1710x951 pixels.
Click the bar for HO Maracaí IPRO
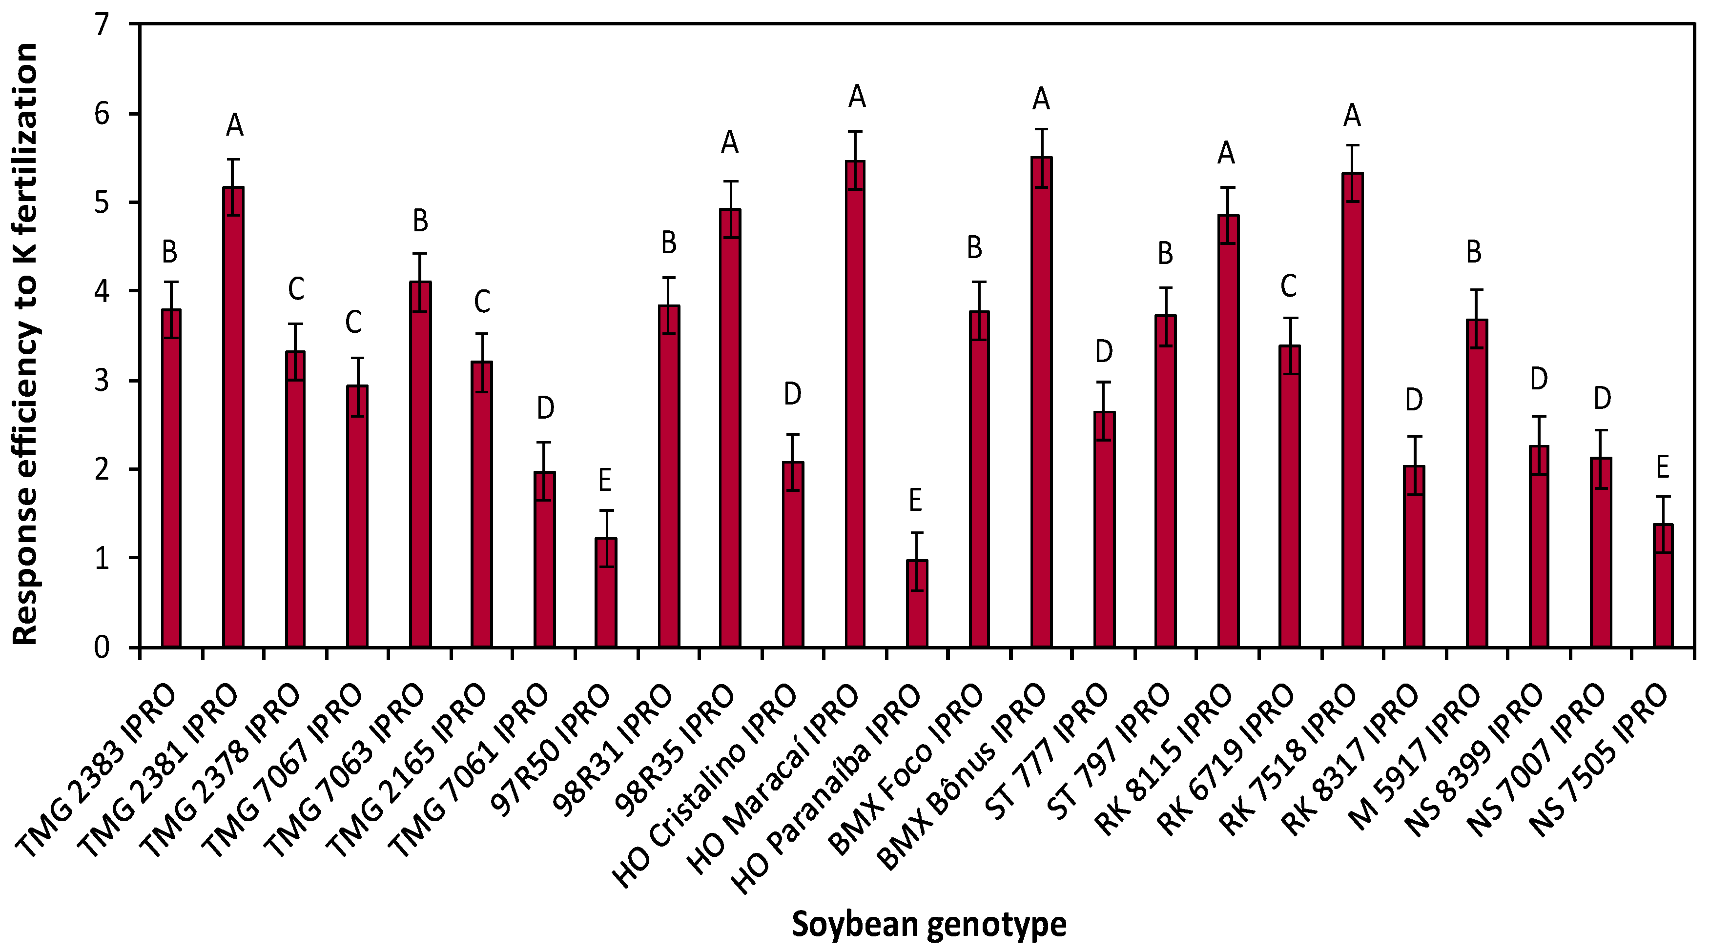pyautogui.click(x=855, y=405)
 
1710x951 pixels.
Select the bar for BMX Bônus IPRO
pyautogui.click(x=1041, y=403)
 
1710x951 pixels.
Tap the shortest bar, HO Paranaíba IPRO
pyautogui.click(x=917, y=604)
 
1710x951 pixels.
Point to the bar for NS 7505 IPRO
pyautogui.click(x=1662, y=586)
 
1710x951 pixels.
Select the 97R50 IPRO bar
pyautogui.click(x=605, y=593)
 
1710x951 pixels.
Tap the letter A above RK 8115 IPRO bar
pyautogui.click(x=1226, y=153)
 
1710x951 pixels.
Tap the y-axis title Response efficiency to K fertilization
pyautogui.click(x=25, y=344)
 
